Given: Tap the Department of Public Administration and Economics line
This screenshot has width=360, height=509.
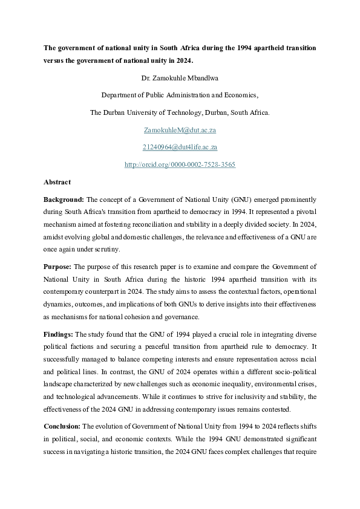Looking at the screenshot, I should (x=180, y=95).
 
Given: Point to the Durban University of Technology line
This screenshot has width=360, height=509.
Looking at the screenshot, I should (x=180, y=112).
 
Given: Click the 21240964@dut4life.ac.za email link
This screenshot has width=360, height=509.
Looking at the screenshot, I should (x=180, y=147).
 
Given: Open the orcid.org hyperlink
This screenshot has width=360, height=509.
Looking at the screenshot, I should (x=180, y=164).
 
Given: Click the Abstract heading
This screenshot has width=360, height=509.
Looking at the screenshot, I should (x=57, y=182).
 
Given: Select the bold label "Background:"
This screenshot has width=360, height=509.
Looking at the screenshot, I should (x=64, y=199).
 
